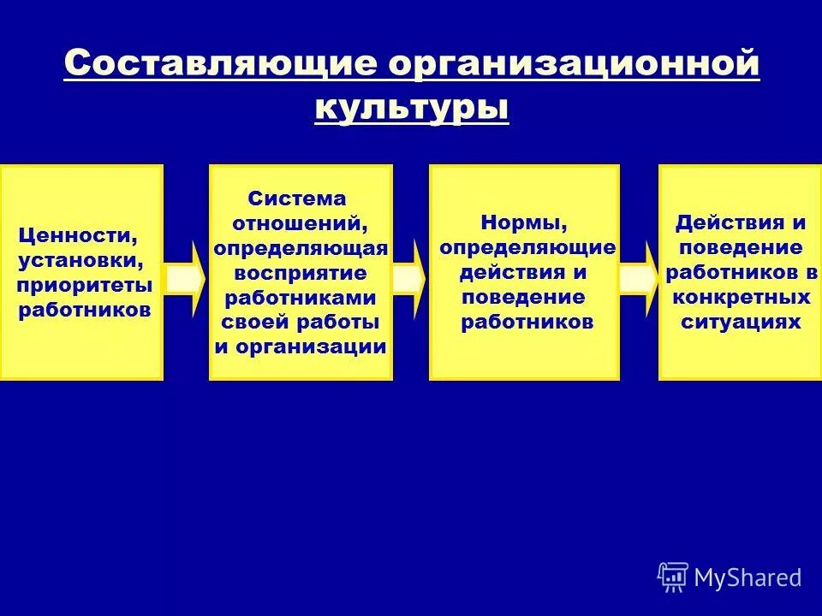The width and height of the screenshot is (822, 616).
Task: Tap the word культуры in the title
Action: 412,109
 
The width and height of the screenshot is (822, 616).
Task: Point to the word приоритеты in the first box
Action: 85,284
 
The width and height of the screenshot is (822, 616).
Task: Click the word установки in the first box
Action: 79,259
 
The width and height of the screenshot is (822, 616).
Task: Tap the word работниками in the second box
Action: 301,298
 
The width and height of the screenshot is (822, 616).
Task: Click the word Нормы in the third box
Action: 523,222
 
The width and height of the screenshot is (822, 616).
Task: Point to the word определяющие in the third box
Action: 527,248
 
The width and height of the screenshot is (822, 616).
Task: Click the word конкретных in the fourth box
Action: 742,297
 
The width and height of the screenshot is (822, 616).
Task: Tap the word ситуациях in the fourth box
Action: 742,322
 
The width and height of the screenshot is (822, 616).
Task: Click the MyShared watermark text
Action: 748,577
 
